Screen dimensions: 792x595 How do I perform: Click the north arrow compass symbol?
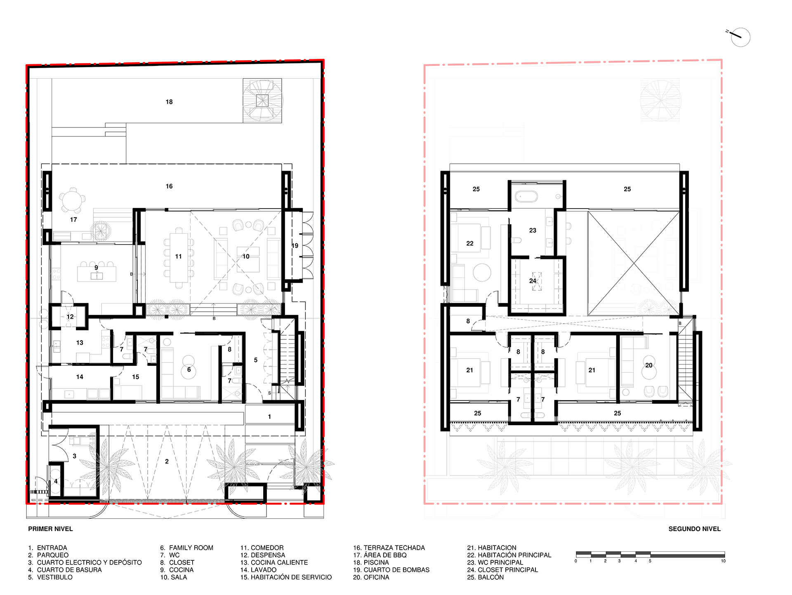pos(740,38)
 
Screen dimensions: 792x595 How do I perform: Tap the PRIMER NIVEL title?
pos(50,529)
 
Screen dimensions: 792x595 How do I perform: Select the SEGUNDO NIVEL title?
pos(695,529)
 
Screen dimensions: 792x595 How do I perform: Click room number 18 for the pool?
pos(169,102)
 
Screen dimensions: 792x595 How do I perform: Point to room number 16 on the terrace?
pos(169,186)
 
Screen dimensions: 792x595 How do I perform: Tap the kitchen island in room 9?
pos(97,274)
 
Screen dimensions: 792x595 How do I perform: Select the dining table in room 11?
pos(179,256)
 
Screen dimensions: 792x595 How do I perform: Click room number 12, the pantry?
pos(70,317)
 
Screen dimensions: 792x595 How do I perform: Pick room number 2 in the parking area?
pos(167,461)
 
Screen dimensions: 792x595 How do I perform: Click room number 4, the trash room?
pos(56,481)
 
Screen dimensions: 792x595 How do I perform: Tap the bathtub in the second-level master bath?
pos(526,196)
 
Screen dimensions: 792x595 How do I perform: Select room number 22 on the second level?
pos(470,244)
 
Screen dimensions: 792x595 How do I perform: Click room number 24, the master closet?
pos(533,281)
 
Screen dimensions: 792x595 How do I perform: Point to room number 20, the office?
pos(649,365)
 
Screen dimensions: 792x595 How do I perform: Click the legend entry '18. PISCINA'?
pos(371,562)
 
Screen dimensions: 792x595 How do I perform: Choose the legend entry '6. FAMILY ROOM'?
pos(187,548)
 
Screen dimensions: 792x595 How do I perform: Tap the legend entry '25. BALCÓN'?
pos(485,577)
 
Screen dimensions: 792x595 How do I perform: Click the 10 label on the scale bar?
pos(723,561)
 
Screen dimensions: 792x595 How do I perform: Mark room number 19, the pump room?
pos(295,246)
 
